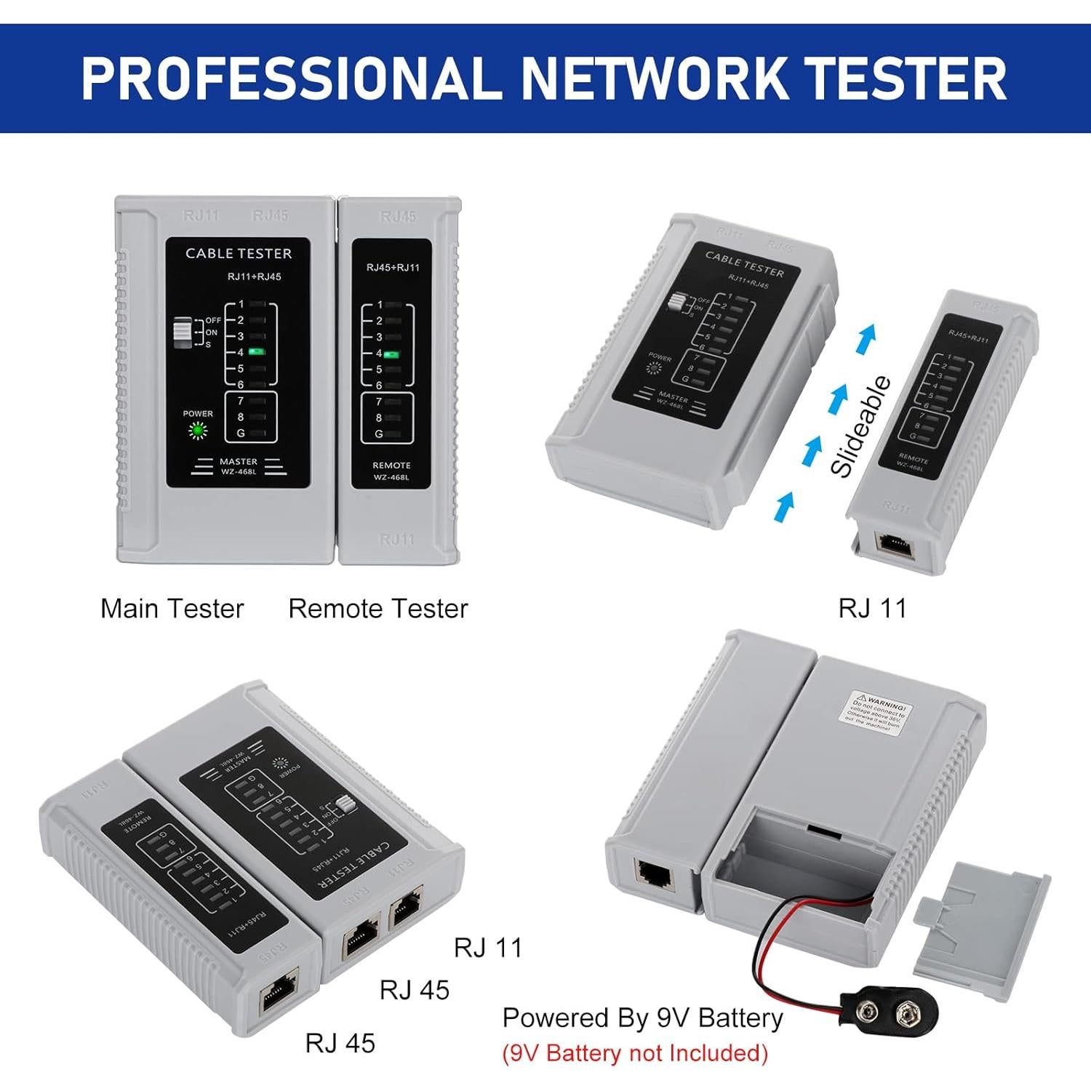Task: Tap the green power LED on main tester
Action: [x=197, y=431]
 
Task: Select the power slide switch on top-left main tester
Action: [x=182, y=332]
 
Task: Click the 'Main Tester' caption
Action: [x=172, y=609]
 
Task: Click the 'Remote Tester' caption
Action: [x=377, y=609]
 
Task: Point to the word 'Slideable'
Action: [x=860, y=427]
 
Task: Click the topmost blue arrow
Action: [x=865, y=339]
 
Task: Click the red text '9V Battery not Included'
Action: [x=635, y=1052]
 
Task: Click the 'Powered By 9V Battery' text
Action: [x=642, y=1018]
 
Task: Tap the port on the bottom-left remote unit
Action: [x=279, y=991]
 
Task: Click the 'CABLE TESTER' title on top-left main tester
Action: [x=238, y=254]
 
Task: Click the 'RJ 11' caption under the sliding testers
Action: [x=872, y=608]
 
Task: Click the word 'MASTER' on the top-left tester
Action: [x=238, y=461]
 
